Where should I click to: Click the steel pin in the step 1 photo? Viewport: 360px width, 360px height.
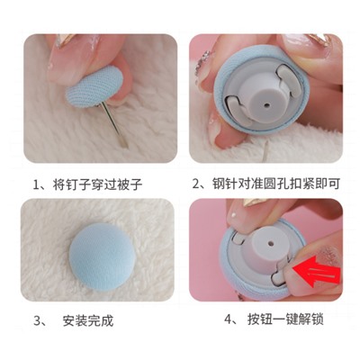click(115, 124)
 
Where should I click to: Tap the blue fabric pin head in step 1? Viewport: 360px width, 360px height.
click(94, 85)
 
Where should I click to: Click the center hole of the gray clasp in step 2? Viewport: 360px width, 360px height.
click(267, 105)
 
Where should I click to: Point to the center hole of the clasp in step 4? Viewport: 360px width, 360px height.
click(271, 241)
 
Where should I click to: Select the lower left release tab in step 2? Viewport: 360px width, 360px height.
click(238, 112)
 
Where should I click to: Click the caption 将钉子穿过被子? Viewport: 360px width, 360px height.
click(97, 184)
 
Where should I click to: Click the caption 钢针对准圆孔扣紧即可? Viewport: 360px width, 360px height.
click(276, 184)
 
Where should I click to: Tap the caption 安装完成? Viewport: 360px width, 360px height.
click(88, 320)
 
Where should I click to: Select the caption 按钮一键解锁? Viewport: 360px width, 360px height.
click(285, 319)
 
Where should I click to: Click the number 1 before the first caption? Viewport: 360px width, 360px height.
click(36, 184)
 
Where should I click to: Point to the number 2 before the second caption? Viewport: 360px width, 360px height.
click(196, 184)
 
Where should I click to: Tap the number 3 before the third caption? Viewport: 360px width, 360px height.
click(37, 321)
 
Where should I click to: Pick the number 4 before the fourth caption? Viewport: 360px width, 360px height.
click(229, 319)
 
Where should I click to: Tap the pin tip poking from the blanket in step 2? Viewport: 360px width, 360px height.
click(265, 151)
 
